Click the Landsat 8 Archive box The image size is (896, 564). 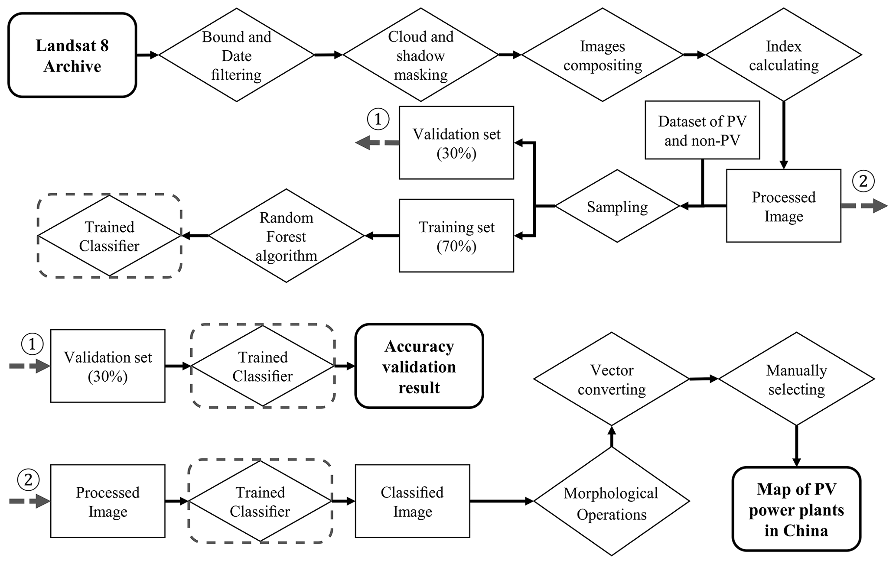[x=72, y=55]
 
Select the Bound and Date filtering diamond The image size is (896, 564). [x=236, y=55]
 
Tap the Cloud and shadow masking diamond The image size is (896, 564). [x=420, y=55]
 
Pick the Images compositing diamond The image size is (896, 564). [x=602, y=55]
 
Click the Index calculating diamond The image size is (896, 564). [x=784, y=55]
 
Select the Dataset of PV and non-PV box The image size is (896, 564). [x=702, y=130]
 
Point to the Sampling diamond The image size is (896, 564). [x=617, y=206]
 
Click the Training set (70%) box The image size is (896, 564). [x=456, y=236]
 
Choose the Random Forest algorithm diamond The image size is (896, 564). [x=286, y=236]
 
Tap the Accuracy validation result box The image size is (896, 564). [x=419, y=366]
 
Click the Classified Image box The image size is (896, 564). [x=412, y=501]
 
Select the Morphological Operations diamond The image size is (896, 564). [x=611, y=502]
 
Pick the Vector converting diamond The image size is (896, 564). [x=611, y=379]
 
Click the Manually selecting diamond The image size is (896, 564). [x=796, y=379]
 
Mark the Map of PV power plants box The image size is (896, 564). [x=796, y=509]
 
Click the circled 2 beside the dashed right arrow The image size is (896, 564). [x=863, y=181]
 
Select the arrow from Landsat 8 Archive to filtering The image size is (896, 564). [x=147, y=55]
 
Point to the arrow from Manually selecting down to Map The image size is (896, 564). [x=796, y=446]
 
